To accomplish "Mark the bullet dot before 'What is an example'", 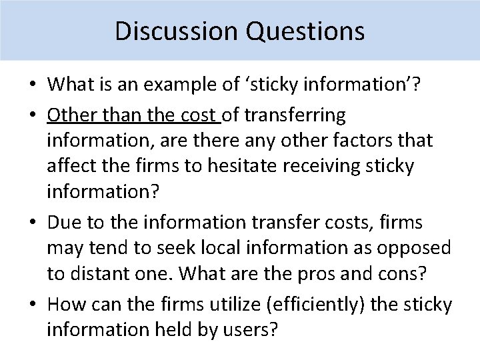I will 32,85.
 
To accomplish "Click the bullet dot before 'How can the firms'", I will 32,305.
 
